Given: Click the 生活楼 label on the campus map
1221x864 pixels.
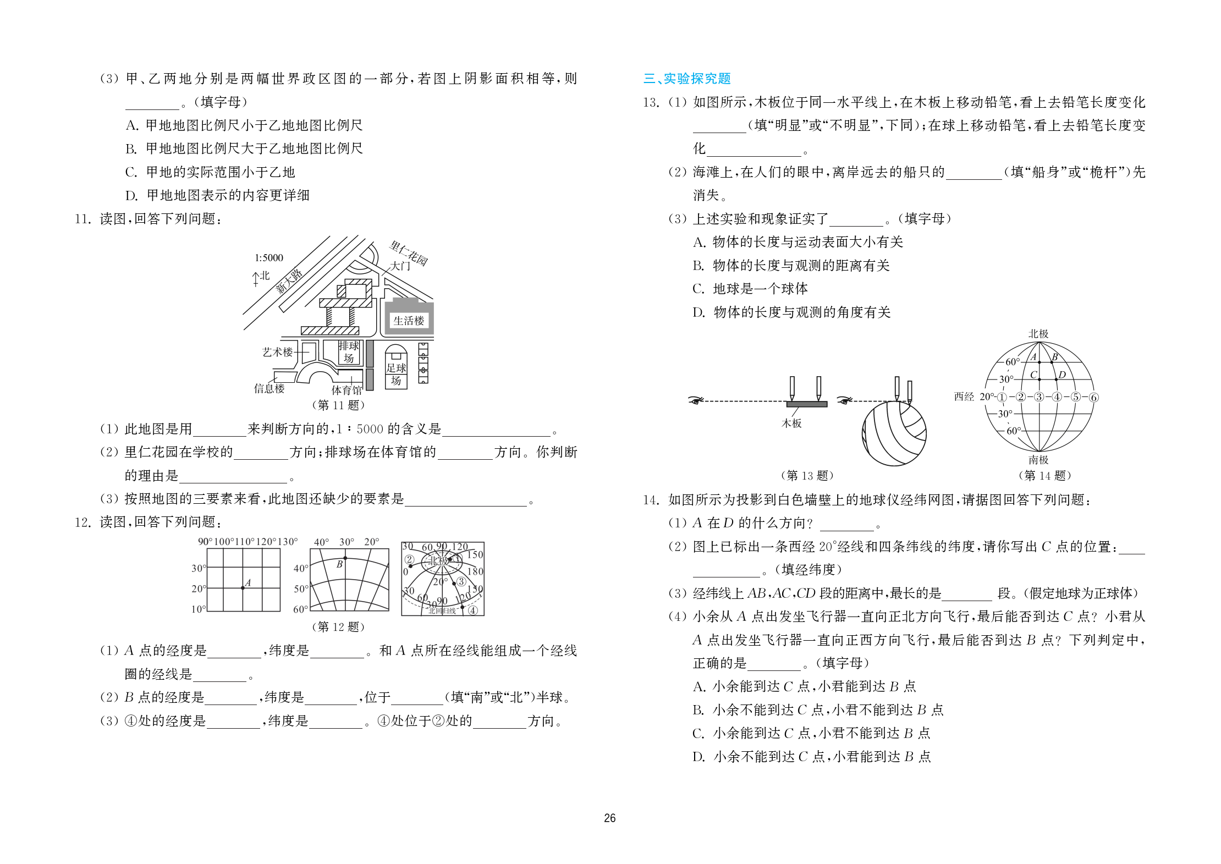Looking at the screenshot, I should point(409,321).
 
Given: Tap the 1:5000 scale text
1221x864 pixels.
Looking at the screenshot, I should point(268,257).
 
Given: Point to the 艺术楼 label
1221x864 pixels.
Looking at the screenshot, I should point(278,352).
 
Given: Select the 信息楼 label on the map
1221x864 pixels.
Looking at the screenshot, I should point(269,388).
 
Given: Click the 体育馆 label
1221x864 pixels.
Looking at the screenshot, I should point(346,390).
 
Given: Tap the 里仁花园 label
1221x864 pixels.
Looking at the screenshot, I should point(409,252).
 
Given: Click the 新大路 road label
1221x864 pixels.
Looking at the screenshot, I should point(289,281).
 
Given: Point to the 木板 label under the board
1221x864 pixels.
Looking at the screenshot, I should point(791,423).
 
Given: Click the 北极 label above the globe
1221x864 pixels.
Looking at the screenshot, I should point(1038,334).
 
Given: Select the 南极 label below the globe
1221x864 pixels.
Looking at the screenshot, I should point(1038,459).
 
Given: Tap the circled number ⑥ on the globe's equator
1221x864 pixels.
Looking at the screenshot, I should point(1093,397).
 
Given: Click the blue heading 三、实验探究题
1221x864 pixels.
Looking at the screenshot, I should point(687,79).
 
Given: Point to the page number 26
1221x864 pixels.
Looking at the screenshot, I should point(609,818).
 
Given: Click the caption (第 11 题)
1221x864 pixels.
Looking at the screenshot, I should point(338,405).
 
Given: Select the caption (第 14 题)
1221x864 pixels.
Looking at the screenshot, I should point(1044,475).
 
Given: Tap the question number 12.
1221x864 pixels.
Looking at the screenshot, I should point(82,522).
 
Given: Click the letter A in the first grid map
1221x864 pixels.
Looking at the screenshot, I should point(248,582).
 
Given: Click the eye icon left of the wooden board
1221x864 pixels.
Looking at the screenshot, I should point(696,400).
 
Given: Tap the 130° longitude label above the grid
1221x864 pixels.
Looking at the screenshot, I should point(287,542).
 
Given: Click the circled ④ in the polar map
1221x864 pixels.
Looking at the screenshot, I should point(472,610).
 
